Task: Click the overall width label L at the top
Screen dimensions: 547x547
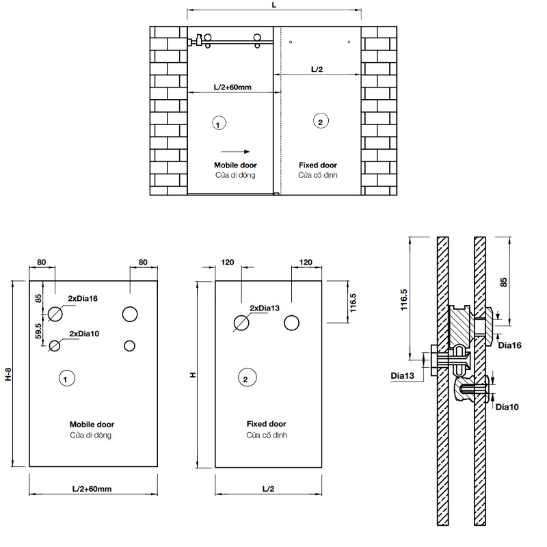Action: (273, 5)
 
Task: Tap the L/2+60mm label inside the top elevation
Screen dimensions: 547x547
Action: (232, 88)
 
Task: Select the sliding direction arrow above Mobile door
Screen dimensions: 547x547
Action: (235, 152)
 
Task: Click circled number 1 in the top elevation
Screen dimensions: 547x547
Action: (217, 124)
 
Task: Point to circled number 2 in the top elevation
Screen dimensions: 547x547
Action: (319, 122)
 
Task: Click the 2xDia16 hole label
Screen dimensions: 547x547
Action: (83, 298)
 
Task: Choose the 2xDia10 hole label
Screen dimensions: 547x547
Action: (84, 333)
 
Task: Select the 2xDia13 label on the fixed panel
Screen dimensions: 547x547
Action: (265, 308)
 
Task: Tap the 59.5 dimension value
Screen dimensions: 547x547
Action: (38, 330)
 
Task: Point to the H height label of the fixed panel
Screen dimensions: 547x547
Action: (194, 375)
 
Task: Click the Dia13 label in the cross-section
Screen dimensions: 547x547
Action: (403, 375)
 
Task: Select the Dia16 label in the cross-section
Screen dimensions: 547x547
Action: (509, 346)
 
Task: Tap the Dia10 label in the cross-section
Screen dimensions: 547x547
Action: (507, 407)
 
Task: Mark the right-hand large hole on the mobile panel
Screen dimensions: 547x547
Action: (130, 315)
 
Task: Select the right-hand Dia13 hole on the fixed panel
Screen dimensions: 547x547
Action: (293, 323)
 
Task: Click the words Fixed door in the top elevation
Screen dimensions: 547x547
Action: (318, 165)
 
